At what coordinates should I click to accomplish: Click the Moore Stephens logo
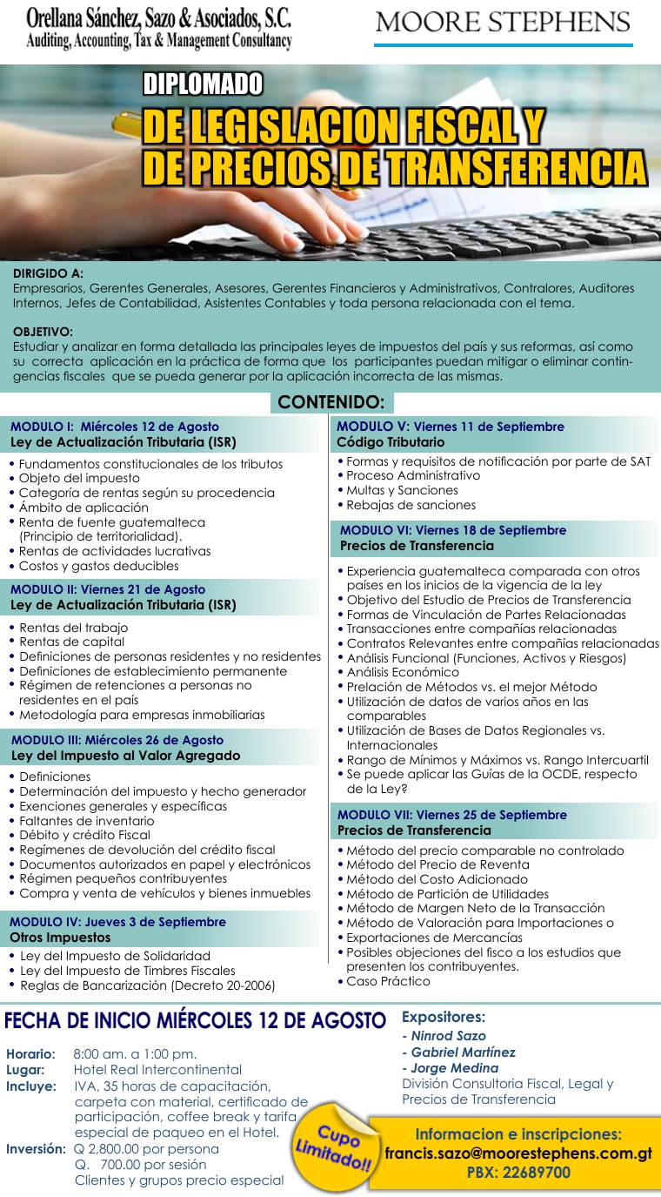tap(504, 24)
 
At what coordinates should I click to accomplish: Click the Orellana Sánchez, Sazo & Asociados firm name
tap(158, 18)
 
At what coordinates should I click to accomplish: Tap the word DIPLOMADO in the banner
tap(203, 84)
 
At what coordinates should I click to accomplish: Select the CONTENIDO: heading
tap(331, 401)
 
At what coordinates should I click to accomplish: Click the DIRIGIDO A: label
tap(49, 273)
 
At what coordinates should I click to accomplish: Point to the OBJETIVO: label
tap(43, 332)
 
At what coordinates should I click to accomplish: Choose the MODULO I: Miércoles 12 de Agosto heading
tap(115, 427)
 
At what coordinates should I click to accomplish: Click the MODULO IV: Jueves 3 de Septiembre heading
tap(117, 921)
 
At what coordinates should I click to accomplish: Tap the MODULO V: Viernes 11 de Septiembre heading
tap(451, 427)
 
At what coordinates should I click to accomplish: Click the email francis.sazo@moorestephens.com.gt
tap(518, 1153)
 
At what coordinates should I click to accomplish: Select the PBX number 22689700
tap(518, 1172)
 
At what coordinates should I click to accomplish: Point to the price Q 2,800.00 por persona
tap(146, 1148)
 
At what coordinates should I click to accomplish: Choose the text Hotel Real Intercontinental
tap(157, 1069)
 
